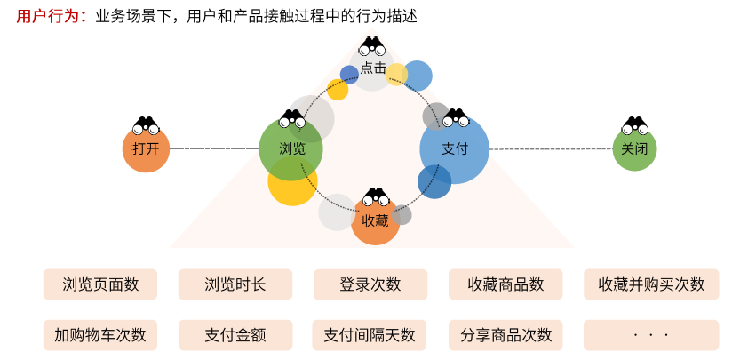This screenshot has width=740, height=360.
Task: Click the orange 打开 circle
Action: tap(146, 148)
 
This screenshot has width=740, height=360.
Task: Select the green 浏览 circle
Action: tap(290, 149)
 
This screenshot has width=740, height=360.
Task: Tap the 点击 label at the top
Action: tap(373, 68)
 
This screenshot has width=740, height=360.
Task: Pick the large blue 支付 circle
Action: tap(454, 149)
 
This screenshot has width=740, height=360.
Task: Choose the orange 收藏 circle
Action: tap(376, 220)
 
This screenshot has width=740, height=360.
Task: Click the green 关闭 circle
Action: tap(634, 148)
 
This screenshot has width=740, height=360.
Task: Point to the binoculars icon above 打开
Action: tap(146, 125)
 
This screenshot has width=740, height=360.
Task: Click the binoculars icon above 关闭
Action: tap(634, 125)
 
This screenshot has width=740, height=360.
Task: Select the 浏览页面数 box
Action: tap(100, 284)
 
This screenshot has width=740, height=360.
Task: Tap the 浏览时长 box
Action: tap(235, 284)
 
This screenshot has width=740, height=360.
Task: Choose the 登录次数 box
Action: tap(370, 284)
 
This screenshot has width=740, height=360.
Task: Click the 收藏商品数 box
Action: tap(505, 284)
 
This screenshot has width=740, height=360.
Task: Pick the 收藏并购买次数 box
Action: tap(651, 284)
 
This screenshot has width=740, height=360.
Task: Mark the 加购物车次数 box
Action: tap(100, 335)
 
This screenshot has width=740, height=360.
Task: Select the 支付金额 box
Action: tap(235, 335)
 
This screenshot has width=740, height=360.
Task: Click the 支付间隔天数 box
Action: tap(370, 335)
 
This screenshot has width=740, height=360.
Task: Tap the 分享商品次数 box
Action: tap(505, 335)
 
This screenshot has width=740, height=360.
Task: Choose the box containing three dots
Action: tap(651, 335)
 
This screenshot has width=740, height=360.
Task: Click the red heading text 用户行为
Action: tap(46, 16)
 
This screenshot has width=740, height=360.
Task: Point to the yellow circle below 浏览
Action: tap(291, 185)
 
